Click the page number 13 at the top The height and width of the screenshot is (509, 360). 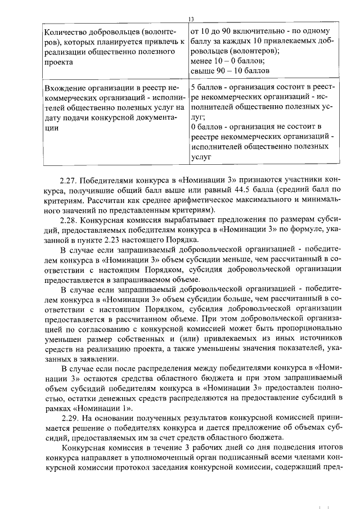[x=191, y=20]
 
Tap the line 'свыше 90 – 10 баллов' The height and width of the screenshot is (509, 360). [x=231, y=71]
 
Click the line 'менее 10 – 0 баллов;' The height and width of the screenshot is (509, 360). [x=228, y=61]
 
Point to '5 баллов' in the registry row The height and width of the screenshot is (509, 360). [x=209, y=88]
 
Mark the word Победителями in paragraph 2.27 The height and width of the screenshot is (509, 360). [x=108, y=181]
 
